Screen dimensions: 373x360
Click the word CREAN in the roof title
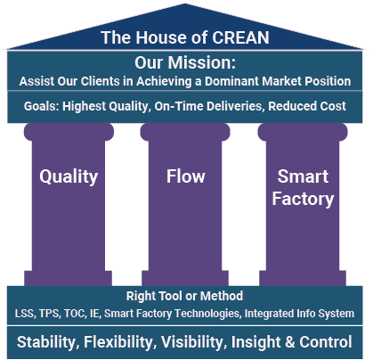(x=240, y=37)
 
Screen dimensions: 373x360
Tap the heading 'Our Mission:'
(x=185, y=62)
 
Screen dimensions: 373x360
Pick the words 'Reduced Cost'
(x=307, y=106)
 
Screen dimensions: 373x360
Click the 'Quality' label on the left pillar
(x=69, y=177)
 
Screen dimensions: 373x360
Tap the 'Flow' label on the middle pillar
(x=185, y=176)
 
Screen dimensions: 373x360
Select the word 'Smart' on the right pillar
(x=303, y=176)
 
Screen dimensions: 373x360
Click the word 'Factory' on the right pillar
(x=303, y=199)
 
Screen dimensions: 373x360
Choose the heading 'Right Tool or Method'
(x=184, y=296)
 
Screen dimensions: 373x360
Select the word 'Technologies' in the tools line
(x=207, y=314)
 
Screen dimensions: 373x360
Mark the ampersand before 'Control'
(x=289, y=342)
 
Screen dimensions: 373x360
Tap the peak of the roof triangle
(x=185, y=4)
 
